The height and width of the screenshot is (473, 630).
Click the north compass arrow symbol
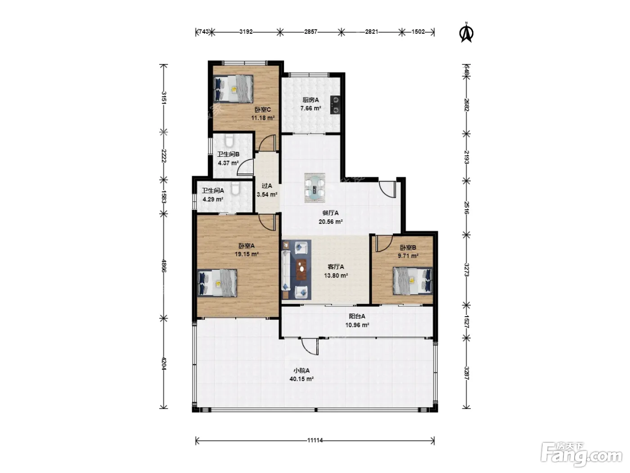click(x=466, y=33)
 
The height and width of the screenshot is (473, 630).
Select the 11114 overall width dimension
click(x=315, y=440)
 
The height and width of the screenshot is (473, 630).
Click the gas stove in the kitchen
click(x=335, y=105)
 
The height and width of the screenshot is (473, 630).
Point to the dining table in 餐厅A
click(x=315, y=187)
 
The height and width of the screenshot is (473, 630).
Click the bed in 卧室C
click(x=234, y=89)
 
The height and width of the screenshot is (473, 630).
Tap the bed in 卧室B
click(x=413, y=281)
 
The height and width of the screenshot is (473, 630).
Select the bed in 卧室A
click(x=217, y=283)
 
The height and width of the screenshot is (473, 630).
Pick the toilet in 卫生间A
click(x=235, y=189)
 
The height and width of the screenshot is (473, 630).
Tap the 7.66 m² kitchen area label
click(x=310, y=109)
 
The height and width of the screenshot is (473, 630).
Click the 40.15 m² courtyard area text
click(x=301, y=379)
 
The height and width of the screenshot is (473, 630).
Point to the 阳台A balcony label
click(x=357, y=316)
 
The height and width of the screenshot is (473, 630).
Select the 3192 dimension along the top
click(x=246, y=32)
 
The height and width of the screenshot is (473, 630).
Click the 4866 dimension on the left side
click(x=164, y=266)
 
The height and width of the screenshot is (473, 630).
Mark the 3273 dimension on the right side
click(x=466, y=270)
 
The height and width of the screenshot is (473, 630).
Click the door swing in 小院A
click(x=310, y=346)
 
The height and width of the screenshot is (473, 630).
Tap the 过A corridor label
click(x=267, y=186)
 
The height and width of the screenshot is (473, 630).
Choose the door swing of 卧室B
click(x=384, y=243)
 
